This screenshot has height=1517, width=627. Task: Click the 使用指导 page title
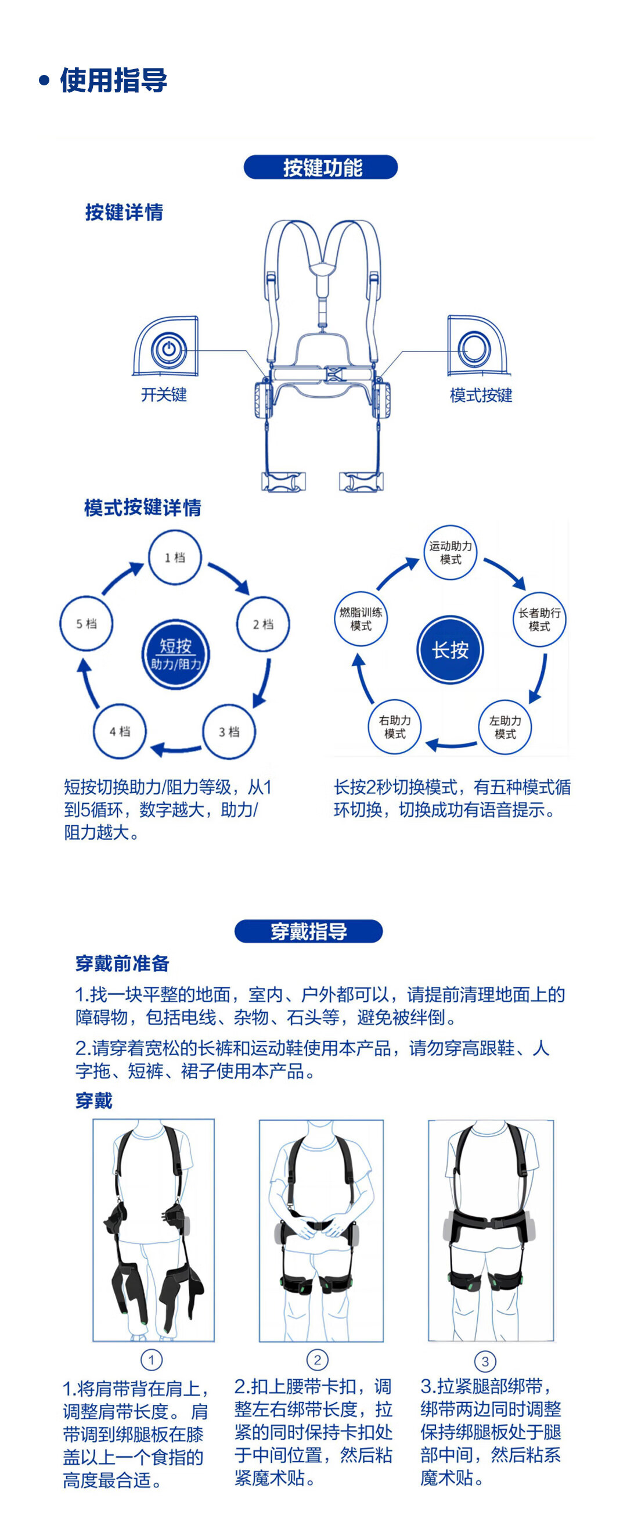click(x=113, y=80)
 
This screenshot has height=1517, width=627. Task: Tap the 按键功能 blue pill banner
click(x=321, y=167)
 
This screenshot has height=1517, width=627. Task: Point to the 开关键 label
click(x=164, y=394)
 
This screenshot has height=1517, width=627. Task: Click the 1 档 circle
click(x=174, y=557)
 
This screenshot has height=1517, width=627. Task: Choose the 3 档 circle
click(x=229, y=731)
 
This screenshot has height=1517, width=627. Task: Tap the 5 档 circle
click(x=87, y=624)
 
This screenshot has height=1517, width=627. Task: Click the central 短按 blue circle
click(x=175, y=654)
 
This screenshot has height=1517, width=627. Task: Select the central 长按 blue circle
click(x=451, y=650)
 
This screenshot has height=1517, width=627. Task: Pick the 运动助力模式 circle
click(x=451, y=552)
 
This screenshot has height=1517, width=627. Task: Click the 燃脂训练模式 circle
click(x=361, y=619)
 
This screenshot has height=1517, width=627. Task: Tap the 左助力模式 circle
click(x=505, y=727)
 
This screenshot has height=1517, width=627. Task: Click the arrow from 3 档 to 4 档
click(x=175, y=749)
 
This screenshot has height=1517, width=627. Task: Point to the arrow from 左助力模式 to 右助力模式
click(x=451, y=745)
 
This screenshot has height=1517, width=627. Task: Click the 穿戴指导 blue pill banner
click(x=308, y=931)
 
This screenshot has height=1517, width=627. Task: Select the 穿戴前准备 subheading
click(x=122, y=964)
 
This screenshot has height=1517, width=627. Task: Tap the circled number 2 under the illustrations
click(x=318, y=1359)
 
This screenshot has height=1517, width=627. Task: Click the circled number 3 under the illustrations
click(x=485, y=1361)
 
